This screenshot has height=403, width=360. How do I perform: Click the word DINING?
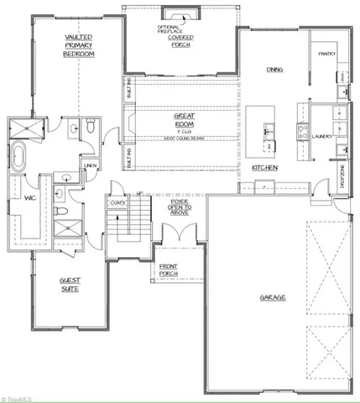(274, 70)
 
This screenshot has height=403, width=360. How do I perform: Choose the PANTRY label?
(326, 55)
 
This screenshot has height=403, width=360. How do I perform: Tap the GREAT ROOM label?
(184, 120)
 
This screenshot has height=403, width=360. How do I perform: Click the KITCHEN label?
(265, 168)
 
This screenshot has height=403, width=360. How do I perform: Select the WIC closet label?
(28, 198)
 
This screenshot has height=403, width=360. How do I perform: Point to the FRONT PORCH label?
(171, 270)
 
